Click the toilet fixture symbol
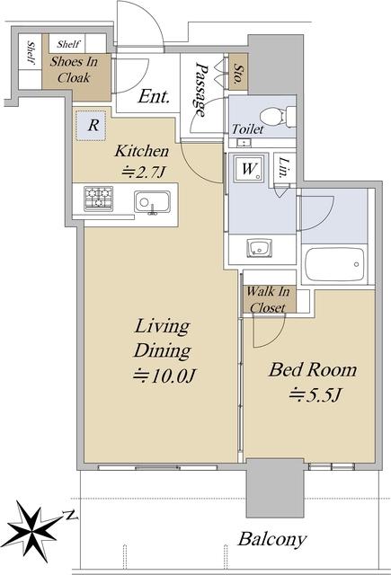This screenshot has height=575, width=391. (278, 116)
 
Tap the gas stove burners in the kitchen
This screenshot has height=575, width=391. (98, 198)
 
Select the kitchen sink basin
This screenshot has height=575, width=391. (152, 201)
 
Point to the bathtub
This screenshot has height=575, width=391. (334, 264)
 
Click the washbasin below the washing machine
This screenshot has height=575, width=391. (260, 248)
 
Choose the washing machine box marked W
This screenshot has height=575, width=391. (249, 169)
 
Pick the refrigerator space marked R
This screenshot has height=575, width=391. (91, 125)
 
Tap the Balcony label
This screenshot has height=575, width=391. (271, 539)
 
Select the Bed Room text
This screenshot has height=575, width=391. (313, 369)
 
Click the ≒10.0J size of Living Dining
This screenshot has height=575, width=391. (164, 376)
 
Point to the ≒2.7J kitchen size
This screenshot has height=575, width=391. (143, 172)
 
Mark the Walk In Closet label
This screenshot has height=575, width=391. (268, 299)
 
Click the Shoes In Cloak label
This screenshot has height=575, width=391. (74, 69)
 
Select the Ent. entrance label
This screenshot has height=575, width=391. (154, 97)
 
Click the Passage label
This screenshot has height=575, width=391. (201, 90)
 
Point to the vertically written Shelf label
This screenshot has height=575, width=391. (32, 53)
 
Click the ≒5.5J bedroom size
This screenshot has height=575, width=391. (315, 395)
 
